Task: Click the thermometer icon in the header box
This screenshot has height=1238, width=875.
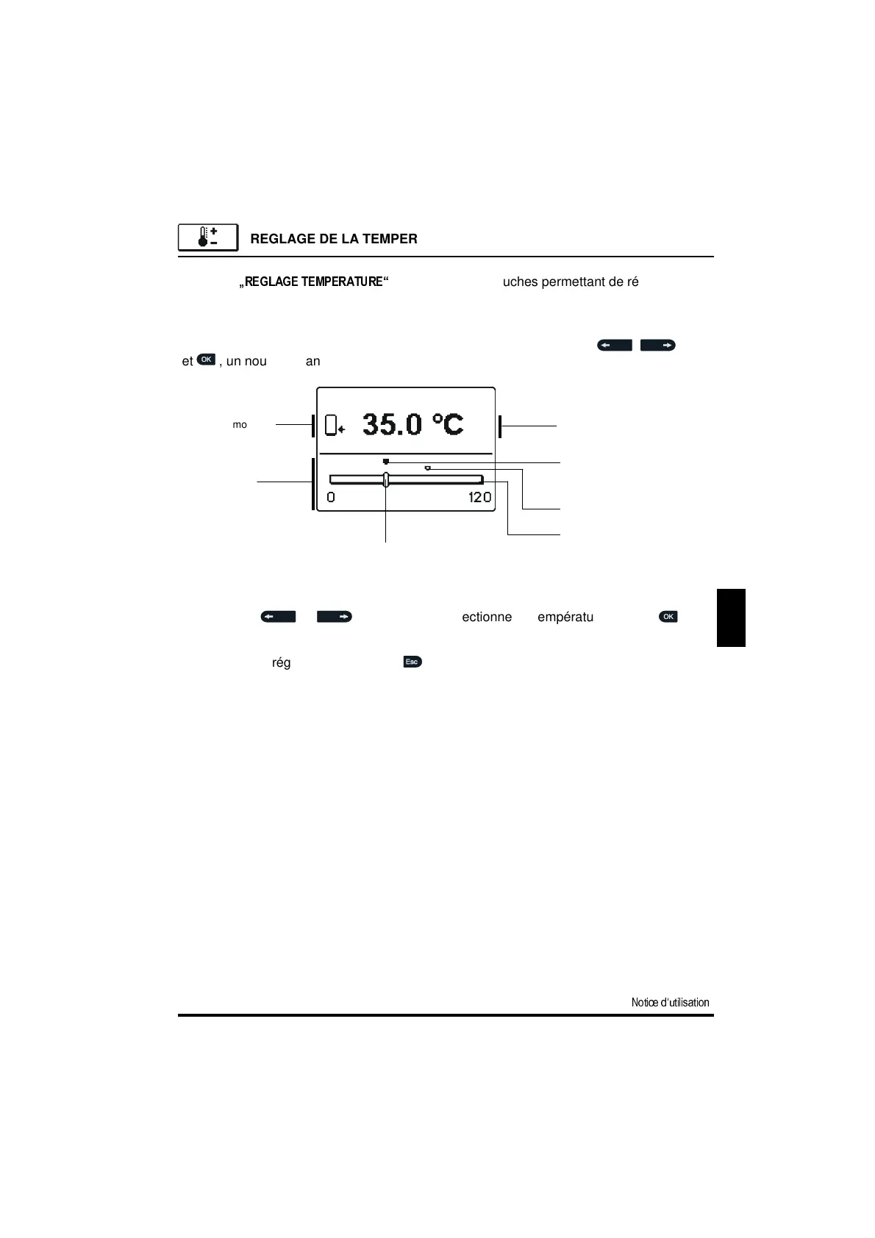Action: click(x=207, y=237)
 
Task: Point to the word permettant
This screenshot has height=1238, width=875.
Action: click(x=571, y=282)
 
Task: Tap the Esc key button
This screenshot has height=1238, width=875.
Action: click(x=412, y=662)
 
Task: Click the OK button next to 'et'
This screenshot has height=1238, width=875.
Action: click(x=207, y=359)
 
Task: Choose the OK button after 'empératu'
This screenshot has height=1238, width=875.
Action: click(x=668, y=616)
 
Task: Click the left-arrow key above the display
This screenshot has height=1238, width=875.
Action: click(x=614, y=345)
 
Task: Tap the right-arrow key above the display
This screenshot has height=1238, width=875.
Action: click(x=657, y=345)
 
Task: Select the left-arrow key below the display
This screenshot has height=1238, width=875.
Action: click(x=278, y=617)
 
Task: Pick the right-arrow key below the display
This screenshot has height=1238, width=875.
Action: click(x=334, y=617)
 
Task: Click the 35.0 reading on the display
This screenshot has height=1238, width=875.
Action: click(x=393, y=424)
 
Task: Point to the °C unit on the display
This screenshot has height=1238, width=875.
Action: click(x=447, y=424)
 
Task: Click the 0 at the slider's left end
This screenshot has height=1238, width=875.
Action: click(x=331, y=498)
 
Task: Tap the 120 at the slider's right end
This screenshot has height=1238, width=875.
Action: click(x=479, y=498)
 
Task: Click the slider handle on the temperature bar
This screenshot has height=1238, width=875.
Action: click(x=386, y=479)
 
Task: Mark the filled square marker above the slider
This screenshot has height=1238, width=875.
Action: click(x=386, y=462)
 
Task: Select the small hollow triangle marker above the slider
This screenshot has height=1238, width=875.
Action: click(x=427, y=468)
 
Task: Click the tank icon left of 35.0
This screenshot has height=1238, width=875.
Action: click(x=335, y=425)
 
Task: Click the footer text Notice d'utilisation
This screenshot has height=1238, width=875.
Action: click(x=670, y=1002)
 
